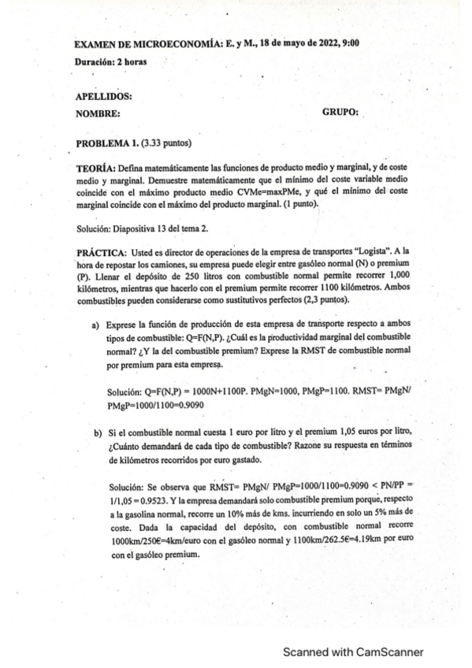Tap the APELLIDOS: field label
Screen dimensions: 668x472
103,97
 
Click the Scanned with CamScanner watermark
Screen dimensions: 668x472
353,651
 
